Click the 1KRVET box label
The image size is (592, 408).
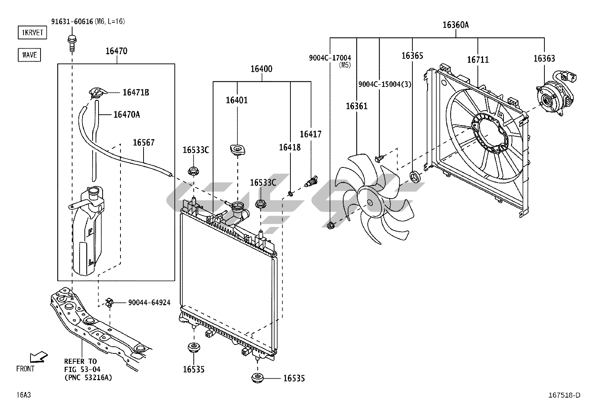pyautogui.click(x=33, y=33)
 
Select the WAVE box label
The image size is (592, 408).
pyautogui.click(x=29, y=55)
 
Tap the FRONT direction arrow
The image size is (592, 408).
pyautogui.click(x=38, y=357)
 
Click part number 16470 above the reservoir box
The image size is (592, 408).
pyautogui.click(x=116, y=51)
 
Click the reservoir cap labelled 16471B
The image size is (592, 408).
pyautogui.click(x=98, y=92)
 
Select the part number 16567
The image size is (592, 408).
pyautogui.click(x=144, y=143)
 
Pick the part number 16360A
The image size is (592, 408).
pyautogui.click(x=456, y=25)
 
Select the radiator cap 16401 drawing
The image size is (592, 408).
pyautogui.click(x=237, y=150)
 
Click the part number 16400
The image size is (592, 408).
pyautogui.click(x=261, y=69)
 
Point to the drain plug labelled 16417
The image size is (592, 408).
pyautogui.click(x=310, y=180)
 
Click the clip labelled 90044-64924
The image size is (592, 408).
pyautogui.click(x=109, y=303)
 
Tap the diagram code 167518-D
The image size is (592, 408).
pyautogui.click(x=564, y=395)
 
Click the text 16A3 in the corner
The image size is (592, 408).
pyautogui.click(x=23, y=395)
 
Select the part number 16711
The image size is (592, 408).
pyautogui.click(x=478, y=60)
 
